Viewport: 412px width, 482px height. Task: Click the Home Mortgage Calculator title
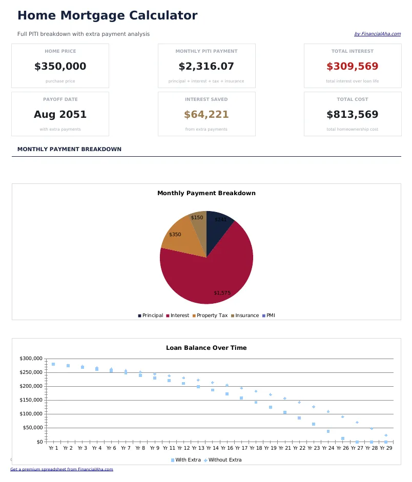point(107,16)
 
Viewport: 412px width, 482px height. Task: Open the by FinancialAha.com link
point(377,34)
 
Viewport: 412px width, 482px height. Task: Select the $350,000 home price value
point(60,67)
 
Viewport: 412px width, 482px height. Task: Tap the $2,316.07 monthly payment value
point(206,67)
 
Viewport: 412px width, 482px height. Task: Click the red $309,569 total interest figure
point(352,67)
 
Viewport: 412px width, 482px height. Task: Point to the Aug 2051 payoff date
point(60,115)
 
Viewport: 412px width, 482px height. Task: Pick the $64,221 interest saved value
point(206,115)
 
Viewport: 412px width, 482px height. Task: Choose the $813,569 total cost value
point(352,115)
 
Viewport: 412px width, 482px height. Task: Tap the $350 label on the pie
point(175,235)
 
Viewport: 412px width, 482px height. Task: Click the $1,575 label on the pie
point(222,293)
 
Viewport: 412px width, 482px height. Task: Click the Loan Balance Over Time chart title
point(206,348)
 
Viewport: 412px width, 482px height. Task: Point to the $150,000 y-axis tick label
point(32,400)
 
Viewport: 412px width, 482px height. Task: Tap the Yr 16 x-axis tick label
point(227,448)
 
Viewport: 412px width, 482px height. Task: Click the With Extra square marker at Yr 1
point(53,364)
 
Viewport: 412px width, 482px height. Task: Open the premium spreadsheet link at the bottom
point(61,469)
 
